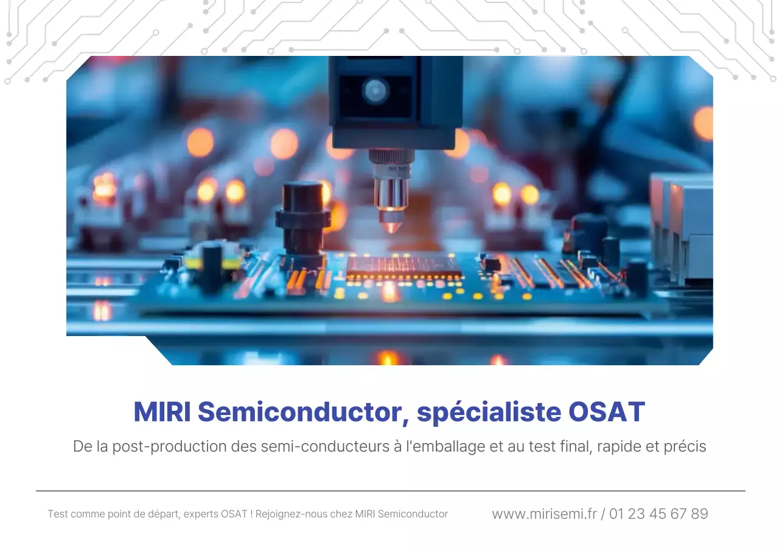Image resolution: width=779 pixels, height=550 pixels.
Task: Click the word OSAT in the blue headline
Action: (606, 413)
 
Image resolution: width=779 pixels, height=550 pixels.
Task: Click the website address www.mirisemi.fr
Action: (544, 514)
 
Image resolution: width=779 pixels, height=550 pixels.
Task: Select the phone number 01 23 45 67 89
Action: (658, 514)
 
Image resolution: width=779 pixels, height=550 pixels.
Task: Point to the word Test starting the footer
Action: (58, 514)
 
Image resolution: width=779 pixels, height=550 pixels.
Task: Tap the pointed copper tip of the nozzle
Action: (390, 225)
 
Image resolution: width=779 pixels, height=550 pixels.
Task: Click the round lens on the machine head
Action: (375, 91)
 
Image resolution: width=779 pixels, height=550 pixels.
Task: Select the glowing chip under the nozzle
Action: (403, 266)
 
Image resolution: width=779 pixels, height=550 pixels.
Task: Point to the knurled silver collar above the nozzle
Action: (391, 157)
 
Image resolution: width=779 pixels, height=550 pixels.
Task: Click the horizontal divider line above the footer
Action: (390, 491)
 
